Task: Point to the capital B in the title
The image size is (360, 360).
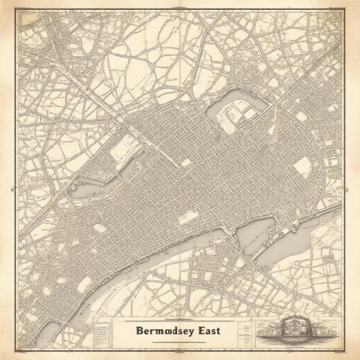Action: [139, 331]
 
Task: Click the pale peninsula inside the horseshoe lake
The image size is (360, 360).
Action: [236, 114]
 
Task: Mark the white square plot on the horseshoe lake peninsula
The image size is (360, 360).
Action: [250, 113]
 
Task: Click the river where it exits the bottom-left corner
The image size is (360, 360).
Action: [47, 334]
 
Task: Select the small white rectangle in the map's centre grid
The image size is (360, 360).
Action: [187, 162]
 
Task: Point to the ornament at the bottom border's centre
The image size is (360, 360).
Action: [180, 352]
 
